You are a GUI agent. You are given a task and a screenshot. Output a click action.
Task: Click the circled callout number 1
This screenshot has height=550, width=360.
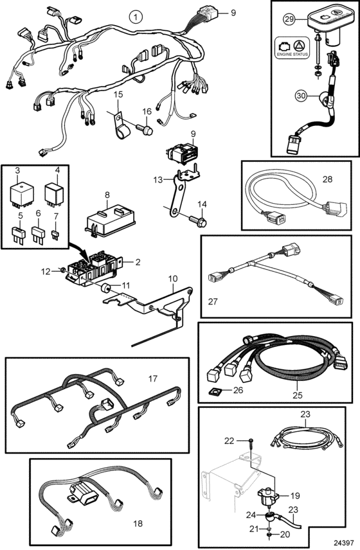[136, 16]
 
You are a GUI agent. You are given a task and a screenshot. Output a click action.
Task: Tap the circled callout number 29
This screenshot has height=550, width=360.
[289, 19]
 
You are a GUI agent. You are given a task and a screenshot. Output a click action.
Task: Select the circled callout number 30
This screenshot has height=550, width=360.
[301, 95]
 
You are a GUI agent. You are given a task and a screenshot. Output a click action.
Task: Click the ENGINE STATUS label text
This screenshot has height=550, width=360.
[292, 55]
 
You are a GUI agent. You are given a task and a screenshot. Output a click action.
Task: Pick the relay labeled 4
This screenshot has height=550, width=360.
[55, 193]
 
